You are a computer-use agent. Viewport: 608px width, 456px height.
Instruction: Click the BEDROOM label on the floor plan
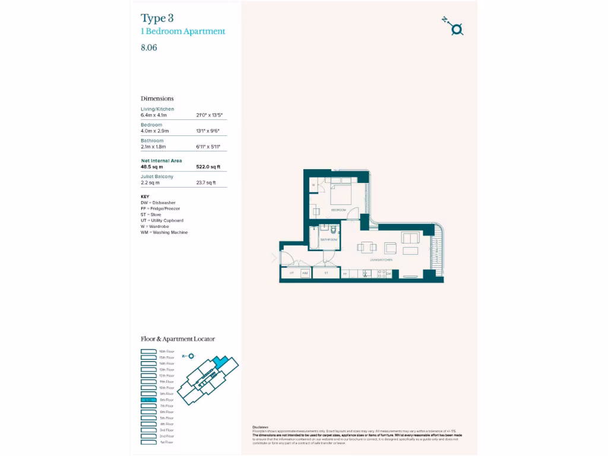coord(338,210)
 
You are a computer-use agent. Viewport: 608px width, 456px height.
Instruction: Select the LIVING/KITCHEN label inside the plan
coord(381,259)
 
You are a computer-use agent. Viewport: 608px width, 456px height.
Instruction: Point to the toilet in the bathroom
coord(334,229)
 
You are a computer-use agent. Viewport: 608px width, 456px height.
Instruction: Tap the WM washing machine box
coord(305,273)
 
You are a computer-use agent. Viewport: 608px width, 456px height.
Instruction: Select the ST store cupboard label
coord(326,273)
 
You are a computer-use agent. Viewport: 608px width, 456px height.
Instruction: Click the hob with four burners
coord(382,274)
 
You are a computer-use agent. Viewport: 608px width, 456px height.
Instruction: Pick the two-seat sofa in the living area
coord(410,238)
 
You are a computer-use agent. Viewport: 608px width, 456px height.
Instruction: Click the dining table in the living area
coord(366,248)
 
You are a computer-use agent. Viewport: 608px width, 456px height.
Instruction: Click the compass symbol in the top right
coord(455,28)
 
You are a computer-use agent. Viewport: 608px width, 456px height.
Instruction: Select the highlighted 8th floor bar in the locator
coord(148,400)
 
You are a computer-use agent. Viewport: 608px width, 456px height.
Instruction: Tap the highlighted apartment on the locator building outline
coord(221,362)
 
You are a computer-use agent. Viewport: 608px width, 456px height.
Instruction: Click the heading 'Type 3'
coord(157,18)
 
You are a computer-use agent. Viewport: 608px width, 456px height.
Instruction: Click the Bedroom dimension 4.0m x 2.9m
coord(155,131)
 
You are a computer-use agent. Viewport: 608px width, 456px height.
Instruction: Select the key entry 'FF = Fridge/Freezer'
coord(160,208)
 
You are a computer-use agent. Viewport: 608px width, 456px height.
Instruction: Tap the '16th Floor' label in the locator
coord(166,351)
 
